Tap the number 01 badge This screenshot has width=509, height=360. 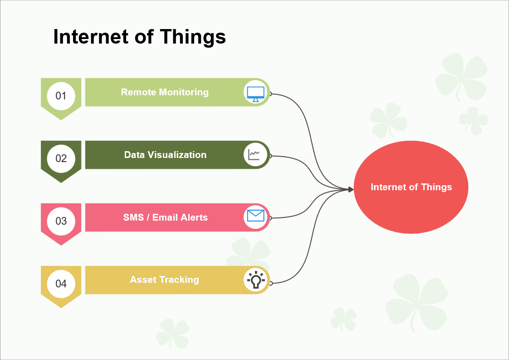point(61,96)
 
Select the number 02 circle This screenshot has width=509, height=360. point(61,158)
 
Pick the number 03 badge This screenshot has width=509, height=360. point(61,221)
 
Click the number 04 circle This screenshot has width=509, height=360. point(61,284)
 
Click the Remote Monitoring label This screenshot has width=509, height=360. point(165,92)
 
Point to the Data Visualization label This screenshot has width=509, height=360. point(165,155)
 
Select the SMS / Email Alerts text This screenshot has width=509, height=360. point(165,217)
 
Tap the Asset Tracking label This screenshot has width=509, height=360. point(164,280)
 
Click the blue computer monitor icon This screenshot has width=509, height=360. point(255,94)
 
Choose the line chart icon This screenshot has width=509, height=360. point(254,155)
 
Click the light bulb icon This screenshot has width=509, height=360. point(256,280)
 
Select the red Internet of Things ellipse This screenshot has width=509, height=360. point(411,187)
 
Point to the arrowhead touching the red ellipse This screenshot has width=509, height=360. point(351,189)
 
